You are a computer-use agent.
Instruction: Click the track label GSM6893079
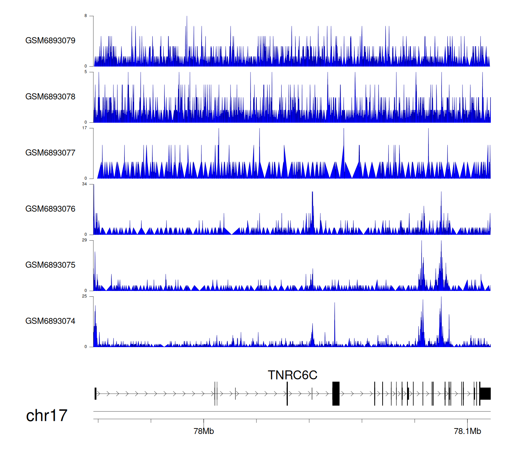pos(50,41)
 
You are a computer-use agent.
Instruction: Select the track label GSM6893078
pos(50,97)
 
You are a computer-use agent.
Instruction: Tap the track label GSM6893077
pos(50,153)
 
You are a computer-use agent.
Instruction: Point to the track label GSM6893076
pos(50,209)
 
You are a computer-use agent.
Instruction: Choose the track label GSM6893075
pos(50,265)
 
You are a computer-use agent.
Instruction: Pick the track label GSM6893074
pos(50,321)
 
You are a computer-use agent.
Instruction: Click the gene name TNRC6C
pos(292,375)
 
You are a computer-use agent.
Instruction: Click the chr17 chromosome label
pos(47,416)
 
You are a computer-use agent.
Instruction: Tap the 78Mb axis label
pos(204,431)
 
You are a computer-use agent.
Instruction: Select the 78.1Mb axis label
pos(467,431)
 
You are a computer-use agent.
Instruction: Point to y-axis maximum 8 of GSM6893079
pos(86,16)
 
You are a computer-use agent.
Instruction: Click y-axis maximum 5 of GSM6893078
pos(86,72)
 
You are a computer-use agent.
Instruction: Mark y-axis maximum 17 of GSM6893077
pos(84,128)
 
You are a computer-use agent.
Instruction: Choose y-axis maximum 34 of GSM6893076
pos(84,184)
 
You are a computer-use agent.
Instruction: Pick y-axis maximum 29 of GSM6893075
pos(84,240)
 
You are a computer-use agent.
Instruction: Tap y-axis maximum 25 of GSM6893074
pos(84,296)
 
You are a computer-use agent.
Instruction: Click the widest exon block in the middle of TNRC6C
pos(336,394)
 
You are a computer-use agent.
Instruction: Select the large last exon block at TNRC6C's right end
pos(485,394)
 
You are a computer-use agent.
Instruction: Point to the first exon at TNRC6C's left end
pos(95,394)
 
